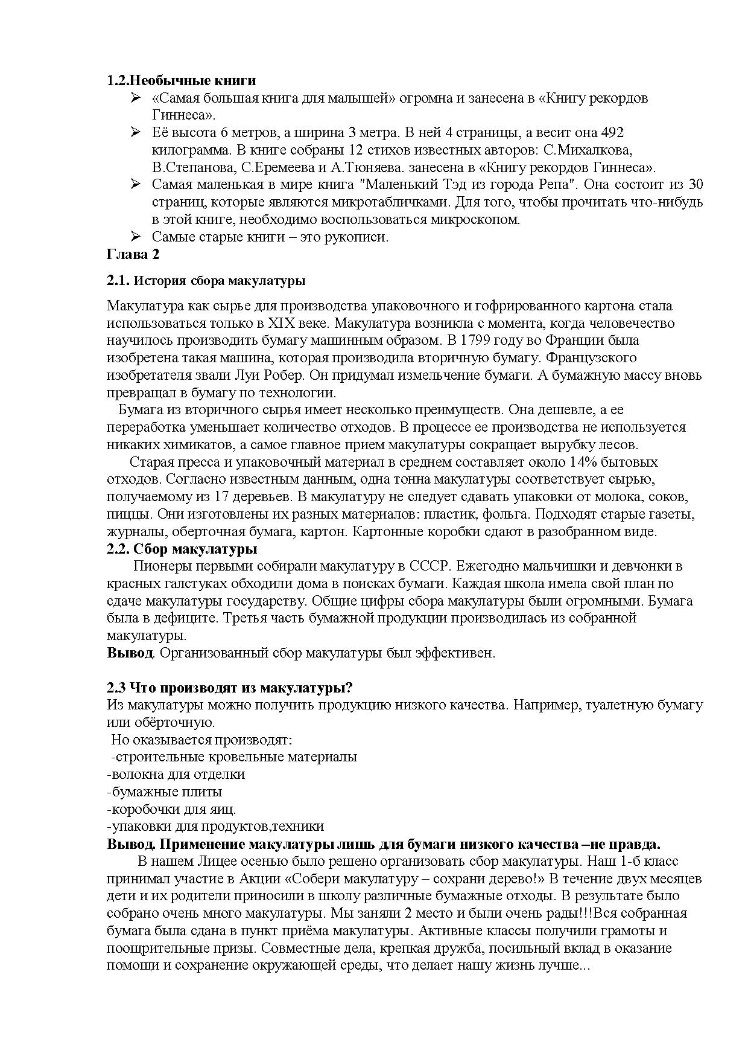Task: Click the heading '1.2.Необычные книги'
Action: coord(181,80)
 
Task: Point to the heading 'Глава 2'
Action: coord(133,254)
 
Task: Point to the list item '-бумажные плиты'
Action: coord(164,792)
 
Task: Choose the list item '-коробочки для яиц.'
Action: coord(171,809)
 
